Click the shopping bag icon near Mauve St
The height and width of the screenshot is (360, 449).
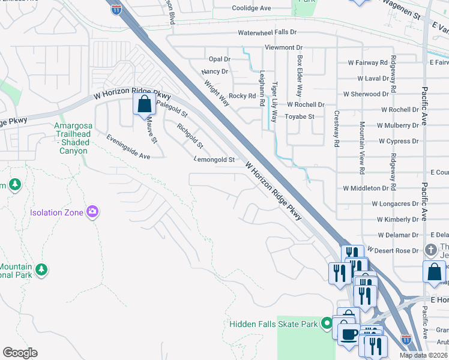[x=144, y=104]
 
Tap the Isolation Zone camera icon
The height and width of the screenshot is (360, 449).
[x=92, y=211]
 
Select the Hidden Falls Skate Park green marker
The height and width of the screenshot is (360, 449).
[x=327, y=324]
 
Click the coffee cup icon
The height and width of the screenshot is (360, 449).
[x=349, y=334]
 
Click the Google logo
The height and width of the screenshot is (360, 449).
[x=20, y=353]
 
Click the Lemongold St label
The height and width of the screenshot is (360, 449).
[x=214, y=160]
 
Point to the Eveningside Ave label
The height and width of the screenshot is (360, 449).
[x=128, y=147]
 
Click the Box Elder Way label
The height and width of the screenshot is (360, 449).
[x=299, y=76]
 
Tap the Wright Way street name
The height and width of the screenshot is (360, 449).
[x=216, y=94]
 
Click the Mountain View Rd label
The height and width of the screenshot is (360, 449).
[x=362, y=148]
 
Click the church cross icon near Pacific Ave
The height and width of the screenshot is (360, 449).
[x=430, y=249]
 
